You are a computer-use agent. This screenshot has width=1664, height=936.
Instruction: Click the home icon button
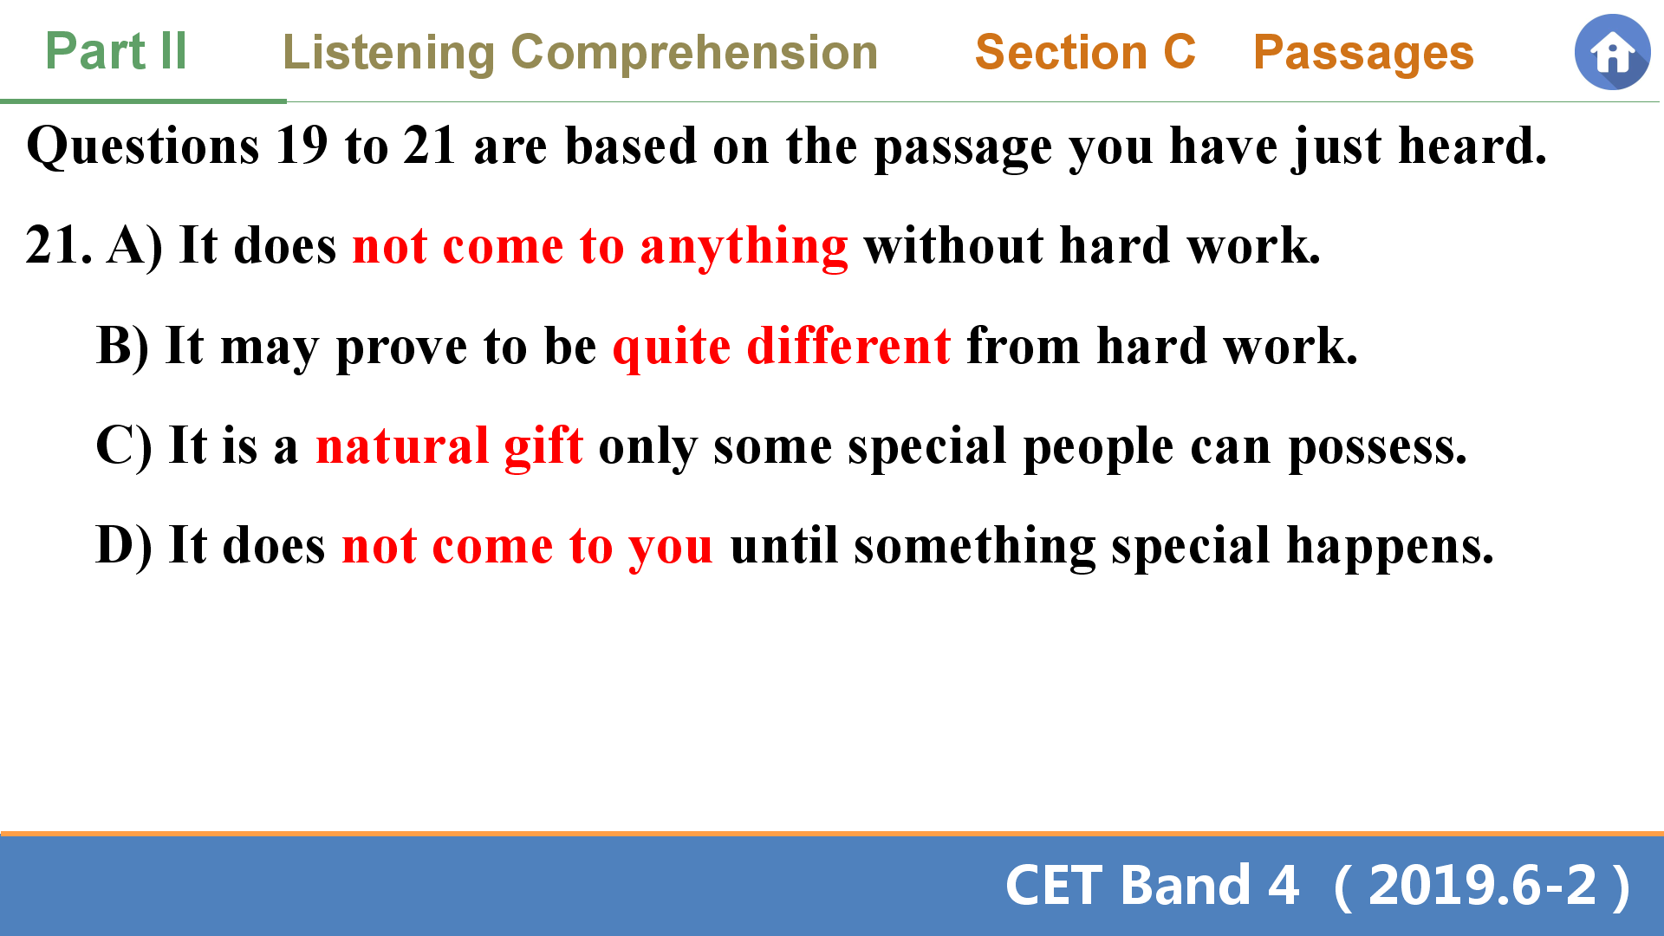click(x=1612, y=52)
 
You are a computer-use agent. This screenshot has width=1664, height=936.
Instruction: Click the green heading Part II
click(x=116, y=51)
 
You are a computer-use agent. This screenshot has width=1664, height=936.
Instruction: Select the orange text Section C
click(x=1085, y=52)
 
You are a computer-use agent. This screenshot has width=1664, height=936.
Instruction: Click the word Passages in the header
click(x=1363, y=55)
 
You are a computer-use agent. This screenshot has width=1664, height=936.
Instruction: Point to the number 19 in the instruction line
click(x=302, y=145)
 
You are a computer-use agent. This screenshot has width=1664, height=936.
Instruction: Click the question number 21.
click(x=59, y=244)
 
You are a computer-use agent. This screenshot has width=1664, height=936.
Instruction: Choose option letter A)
click(x=135, y=246)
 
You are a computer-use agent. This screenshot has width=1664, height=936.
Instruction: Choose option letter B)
click(x=123, y=347)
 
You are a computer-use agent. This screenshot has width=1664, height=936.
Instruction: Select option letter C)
click(x=124, y=446)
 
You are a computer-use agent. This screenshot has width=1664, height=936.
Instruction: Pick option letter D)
click(x=124, y=546)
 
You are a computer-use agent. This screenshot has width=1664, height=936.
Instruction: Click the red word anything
click(x=744, y=248)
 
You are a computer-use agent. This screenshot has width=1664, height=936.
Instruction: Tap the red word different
click(x=848, y=346)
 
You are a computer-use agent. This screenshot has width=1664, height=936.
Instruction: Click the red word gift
click(x=543, y=447)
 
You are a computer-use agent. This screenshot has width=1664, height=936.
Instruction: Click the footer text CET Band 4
click(x=1152, y=886)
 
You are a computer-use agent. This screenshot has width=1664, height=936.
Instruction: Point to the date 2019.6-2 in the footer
click(x=1482, y=886)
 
